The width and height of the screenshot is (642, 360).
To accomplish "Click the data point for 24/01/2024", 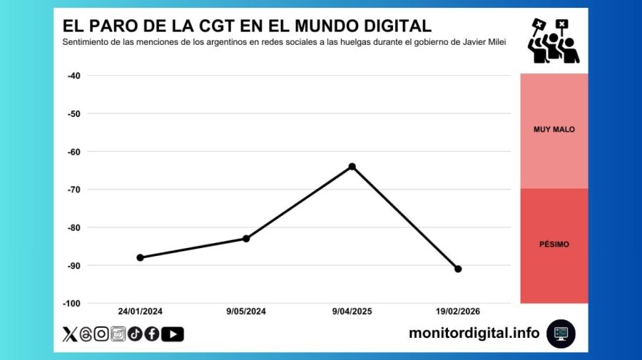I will coord(141,257).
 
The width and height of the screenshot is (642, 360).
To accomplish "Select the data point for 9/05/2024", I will coord(246,238).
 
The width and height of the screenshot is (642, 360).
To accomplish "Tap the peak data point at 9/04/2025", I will coord(352,166).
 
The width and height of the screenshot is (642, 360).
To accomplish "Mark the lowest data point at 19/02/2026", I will coord(458,269).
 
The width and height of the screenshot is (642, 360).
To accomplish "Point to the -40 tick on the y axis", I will coord(72,76).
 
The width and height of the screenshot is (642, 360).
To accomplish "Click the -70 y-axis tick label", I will coord(72,190).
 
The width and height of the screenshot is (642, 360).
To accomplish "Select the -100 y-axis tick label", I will coord(71,304).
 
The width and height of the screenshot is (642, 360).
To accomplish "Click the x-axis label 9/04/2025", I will coord(352,312).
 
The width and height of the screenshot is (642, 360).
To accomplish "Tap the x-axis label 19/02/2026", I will coord(457,312).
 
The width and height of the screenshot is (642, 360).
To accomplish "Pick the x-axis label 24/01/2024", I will coord(141,312).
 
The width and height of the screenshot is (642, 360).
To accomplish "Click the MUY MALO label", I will coord(554,130).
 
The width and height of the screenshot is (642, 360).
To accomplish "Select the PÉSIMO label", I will coord(554,244).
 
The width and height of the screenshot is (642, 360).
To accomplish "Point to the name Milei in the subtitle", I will coord(496,42).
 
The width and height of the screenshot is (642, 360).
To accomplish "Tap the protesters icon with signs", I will coord(553,41).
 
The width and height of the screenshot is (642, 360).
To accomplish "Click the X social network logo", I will coord(70,334).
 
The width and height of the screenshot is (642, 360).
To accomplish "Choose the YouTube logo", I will coord(172,334).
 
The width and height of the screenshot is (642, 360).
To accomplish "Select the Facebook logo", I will coord(151,334).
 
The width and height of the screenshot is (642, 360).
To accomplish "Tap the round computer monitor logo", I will coord(561,333).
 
